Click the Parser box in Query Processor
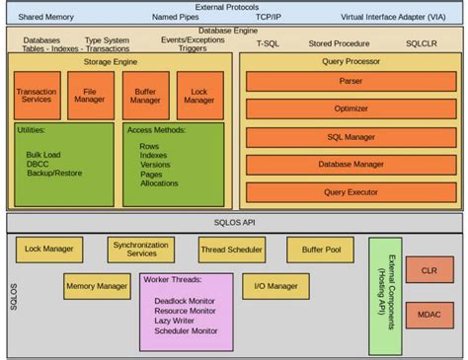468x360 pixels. click(x=351, y=82)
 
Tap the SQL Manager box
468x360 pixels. click(x=351, y=137)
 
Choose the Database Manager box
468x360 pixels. click(x=351, y=164)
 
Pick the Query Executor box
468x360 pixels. click(x=351, y=191)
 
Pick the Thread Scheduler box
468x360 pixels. click(x=231, y=251)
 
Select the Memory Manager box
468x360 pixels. click(x=96, y=286)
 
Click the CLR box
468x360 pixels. click(x=429, y=268)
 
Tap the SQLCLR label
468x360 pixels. click(x=426, y=44)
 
